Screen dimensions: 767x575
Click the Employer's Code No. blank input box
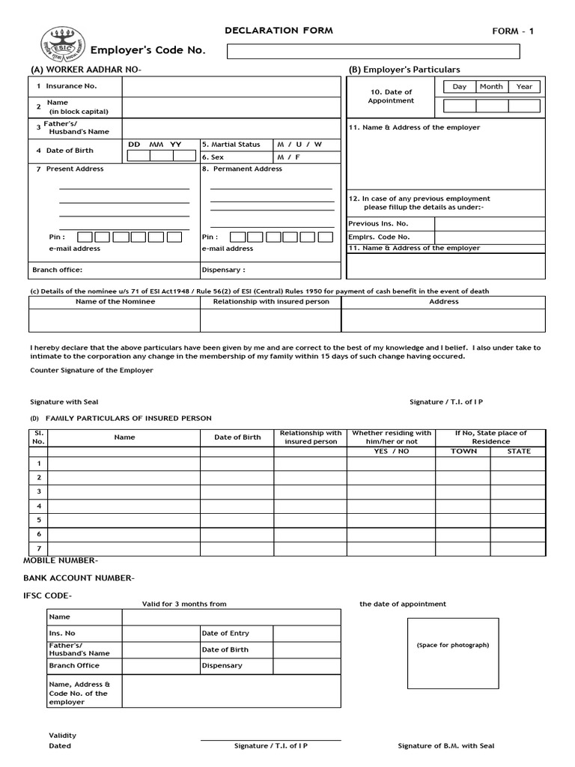tap(373, 51)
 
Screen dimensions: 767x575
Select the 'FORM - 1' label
tap(513, 31)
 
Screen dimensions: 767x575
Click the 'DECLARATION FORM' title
tap(279, 31)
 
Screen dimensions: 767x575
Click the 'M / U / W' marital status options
tap(299, 144)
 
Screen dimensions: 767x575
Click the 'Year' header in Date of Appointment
tap(524, 87)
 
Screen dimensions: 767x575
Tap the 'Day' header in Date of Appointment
tap(459, 87)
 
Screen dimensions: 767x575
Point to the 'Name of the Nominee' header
tap(115, 302)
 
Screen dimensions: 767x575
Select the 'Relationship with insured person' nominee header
tap(271, 302)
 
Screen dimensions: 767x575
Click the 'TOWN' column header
tap(463, 452)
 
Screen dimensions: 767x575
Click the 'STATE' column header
tap(519, 452)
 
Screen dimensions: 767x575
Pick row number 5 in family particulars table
tap(38, 520)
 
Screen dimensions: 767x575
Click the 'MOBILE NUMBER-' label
tap(61, 560)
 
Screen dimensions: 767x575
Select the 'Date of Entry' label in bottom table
tap(225, 634)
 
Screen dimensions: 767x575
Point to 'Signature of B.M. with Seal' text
tap(445, 746)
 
